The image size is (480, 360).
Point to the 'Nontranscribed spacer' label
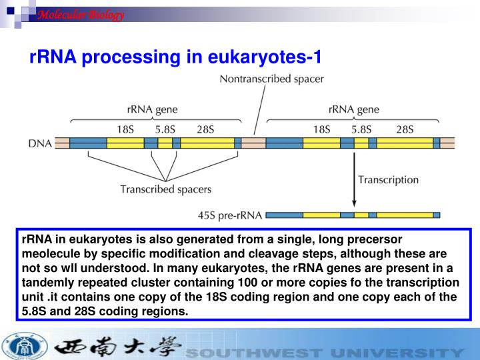pos(271,79)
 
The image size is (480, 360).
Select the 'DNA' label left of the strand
pos(40,143)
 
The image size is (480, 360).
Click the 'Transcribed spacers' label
pos(165,189)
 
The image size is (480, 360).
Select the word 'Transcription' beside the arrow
pos(388,179)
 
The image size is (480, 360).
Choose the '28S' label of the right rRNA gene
pos(404,129)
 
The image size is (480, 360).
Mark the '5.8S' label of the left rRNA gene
pos(165,129)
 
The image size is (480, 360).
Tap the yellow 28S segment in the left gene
pos(207,143)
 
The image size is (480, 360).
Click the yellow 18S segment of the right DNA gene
pos(321,143)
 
